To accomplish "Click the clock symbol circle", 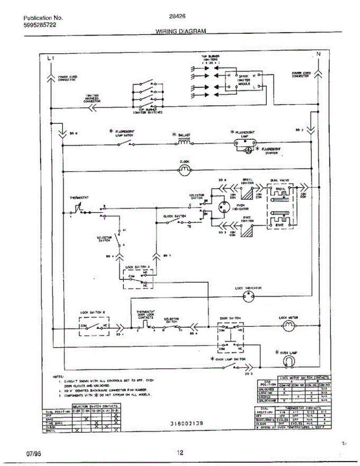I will point(184,170).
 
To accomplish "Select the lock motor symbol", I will point(288,328).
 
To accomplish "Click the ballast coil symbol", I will point(184,143).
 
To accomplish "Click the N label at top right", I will point(318,54).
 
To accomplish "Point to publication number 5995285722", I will point(40,25).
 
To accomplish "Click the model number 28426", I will point(177,17).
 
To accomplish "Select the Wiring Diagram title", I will point(181,31).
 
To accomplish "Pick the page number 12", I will point(180,452).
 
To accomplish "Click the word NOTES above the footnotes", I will point(58,376).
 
